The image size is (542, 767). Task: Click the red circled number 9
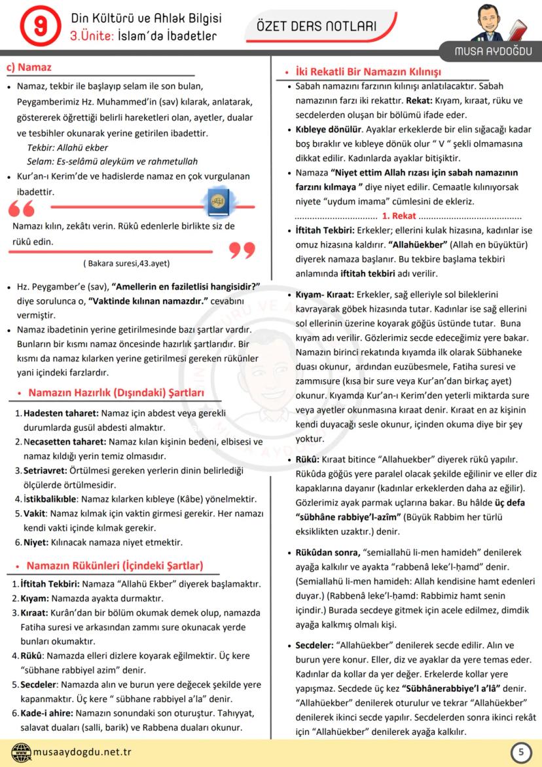click(37, 26)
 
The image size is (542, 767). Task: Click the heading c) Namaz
click(29, 67)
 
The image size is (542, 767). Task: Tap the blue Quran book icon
click(217, 200)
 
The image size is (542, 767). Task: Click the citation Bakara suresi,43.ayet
click(126, 263)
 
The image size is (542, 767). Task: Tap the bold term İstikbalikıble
click(50, 498)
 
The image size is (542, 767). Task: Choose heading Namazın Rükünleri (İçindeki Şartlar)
click(115, 565)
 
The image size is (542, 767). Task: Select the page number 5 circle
click(520, 752)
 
